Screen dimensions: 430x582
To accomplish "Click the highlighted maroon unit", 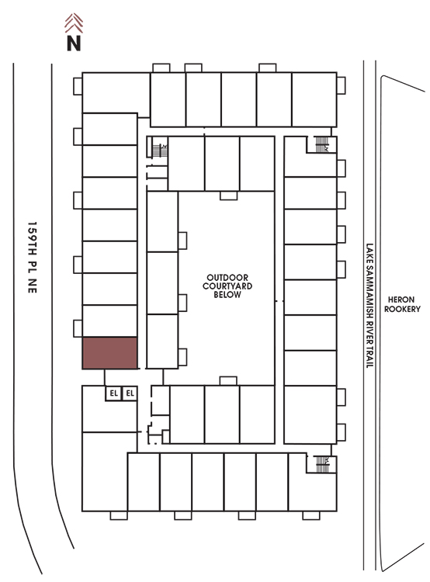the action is (110, 353).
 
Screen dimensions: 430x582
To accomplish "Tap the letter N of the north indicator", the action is (74, 43).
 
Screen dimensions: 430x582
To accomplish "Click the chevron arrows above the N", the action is (74, 23).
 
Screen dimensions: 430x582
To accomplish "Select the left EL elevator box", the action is (113, 393).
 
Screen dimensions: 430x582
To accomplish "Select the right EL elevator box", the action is (130, 393).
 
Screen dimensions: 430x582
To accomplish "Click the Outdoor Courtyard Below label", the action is (227, 286).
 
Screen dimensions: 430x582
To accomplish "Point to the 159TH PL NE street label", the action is (33, 257).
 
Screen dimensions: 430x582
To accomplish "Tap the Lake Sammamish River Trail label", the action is (369, 306).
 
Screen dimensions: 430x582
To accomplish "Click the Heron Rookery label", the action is (402, 304).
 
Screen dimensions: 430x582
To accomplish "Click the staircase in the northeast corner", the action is (322, 144).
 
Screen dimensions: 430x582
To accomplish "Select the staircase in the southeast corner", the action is (322, 464).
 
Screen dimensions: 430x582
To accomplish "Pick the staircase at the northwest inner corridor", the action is (160, 151).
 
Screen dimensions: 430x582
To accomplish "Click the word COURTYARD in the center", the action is (227, 286).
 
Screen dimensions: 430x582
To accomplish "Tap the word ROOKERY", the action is (402, 309).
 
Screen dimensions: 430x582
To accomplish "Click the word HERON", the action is (401, 300).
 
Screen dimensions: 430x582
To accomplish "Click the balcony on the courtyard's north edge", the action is (228, 196).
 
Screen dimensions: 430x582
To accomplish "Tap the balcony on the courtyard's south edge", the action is (228, 381).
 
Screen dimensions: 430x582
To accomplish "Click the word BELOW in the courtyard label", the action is (227, 295).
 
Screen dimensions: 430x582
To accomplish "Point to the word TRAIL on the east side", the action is (369, 357).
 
